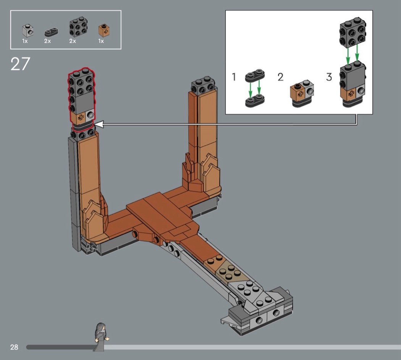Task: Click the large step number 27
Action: click(x=20, y=64)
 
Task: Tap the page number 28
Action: click(x=14, y=347)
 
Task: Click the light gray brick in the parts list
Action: click(x=27, y=31)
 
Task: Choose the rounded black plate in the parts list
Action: click(x=51, y=32)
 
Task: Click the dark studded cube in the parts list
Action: click(x=78, y=27)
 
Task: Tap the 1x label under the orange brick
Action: click(x=101, y=41)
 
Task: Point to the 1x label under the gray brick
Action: click(x=25, y=41)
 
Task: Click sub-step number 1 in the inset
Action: click(x=234, y=77)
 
